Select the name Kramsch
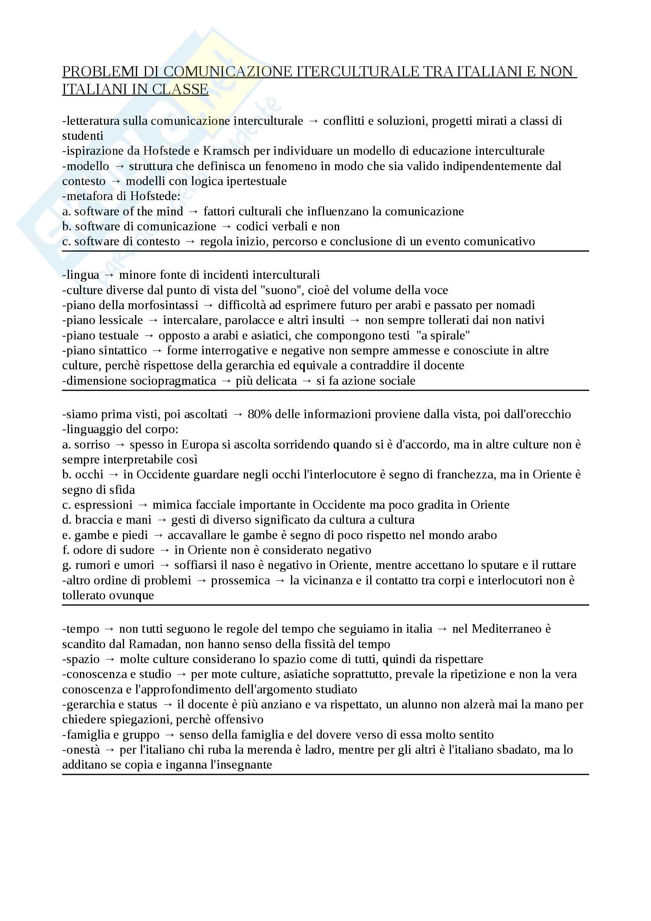[x=226, y=151]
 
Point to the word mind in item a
[x=170, y=211]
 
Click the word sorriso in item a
[x=92, y=445]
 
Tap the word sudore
[x=139, y=550]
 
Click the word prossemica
[x=240, y=580]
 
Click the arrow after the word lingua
[x=109, y=275]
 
